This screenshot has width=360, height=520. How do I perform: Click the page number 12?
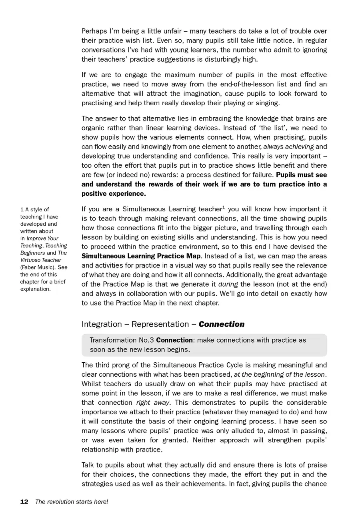pos(24,502)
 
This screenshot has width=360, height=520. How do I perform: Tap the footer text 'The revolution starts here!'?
pos(72,502)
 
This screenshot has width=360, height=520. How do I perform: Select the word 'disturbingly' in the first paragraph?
pos(221,59)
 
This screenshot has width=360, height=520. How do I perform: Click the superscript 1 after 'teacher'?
pos(224,207)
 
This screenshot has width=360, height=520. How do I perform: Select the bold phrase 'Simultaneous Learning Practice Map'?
pos(141,256)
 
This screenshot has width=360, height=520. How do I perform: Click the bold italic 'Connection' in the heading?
pos(221,324)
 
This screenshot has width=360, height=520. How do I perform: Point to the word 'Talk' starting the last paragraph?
pos(89,465)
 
